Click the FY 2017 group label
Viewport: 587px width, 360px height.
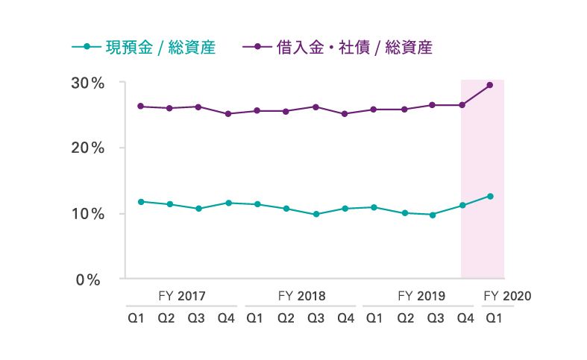[x=182, y=296]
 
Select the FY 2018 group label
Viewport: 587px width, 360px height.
[x=301, y=296]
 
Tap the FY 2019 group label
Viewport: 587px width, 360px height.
[x=421, y=296]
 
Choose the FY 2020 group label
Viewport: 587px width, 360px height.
[x=507, y=296]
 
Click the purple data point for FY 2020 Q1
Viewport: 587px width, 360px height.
[x=490, y=85]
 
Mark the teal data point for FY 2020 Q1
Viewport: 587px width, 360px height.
[x=490, y=196]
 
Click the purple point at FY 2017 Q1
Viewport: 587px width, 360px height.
[x=141, y=107]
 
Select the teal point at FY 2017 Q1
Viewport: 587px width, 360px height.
[x=141, y=201]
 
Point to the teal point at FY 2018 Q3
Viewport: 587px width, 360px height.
[x=316, y=214]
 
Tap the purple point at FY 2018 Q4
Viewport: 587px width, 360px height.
[x=345, y=114]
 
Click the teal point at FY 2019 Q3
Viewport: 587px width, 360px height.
[x=432, y=215]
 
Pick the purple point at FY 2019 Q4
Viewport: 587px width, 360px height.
[x=462, y=105]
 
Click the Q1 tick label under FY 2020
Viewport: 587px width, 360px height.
[x=493, y=318]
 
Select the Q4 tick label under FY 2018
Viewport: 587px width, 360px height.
[x=345, y=318]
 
